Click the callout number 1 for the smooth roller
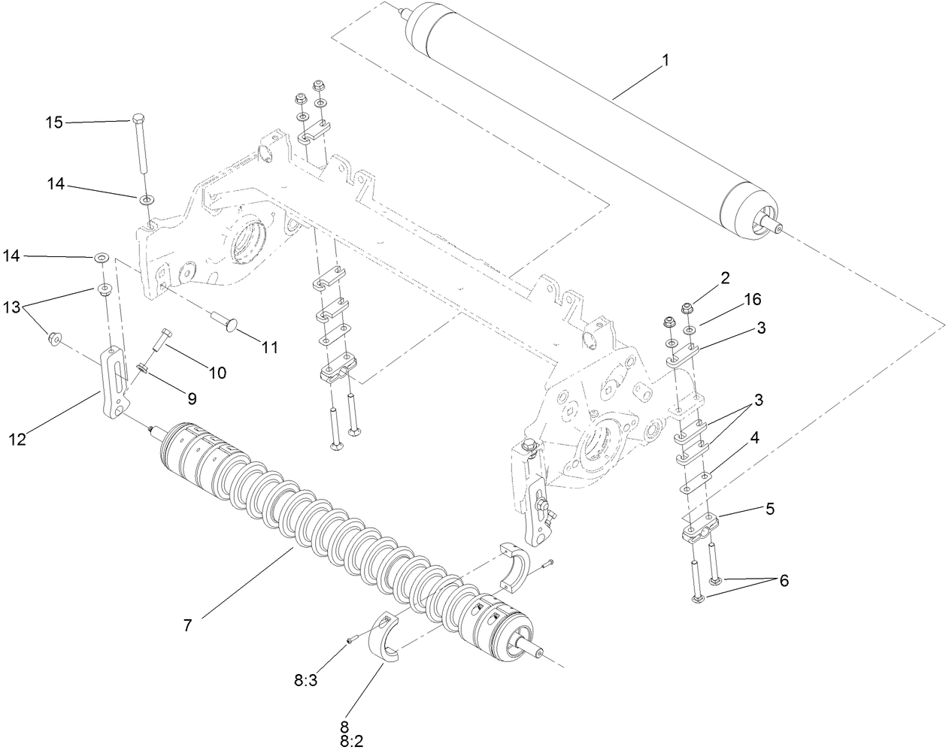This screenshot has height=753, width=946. tap(664, 60)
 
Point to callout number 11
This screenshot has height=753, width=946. tap(269, 347)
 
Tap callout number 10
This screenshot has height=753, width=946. tap(217, 373)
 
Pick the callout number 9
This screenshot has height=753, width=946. tap(191, 398)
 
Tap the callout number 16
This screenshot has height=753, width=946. tap(752, 300)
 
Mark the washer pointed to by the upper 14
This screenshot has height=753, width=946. tap(142, 198)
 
